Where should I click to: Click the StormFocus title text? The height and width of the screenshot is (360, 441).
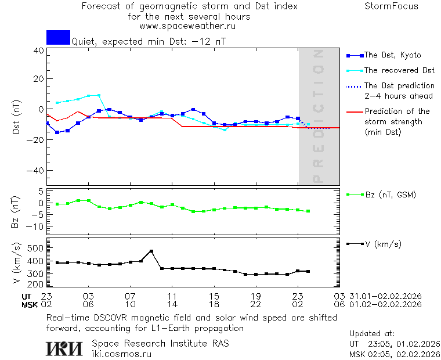391,6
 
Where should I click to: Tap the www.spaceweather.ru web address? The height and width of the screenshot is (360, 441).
187,26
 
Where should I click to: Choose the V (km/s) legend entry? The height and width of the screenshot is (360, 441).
383,244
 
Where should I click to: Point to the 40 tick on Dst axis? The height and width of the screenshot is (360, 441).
38,51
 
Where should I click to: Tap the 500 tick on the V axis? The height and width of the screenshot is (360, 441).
35,248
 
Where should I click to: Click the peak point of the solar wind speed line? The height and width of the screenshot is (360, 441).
151,251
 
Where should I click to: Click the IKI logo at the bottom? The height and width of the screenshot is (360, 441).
66,348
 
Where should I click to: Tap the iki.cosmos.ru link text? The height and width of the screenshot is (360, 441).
122,353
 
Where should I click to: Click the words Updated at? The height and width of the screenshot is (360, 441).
372,334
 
